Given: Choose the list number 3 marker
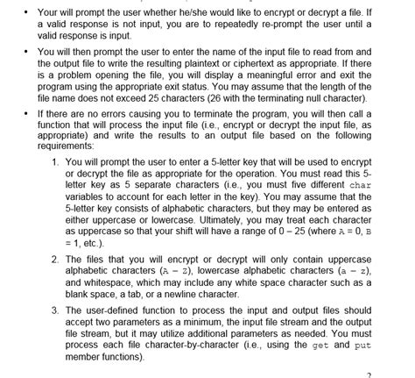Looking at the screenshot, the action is coord(56,311).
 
